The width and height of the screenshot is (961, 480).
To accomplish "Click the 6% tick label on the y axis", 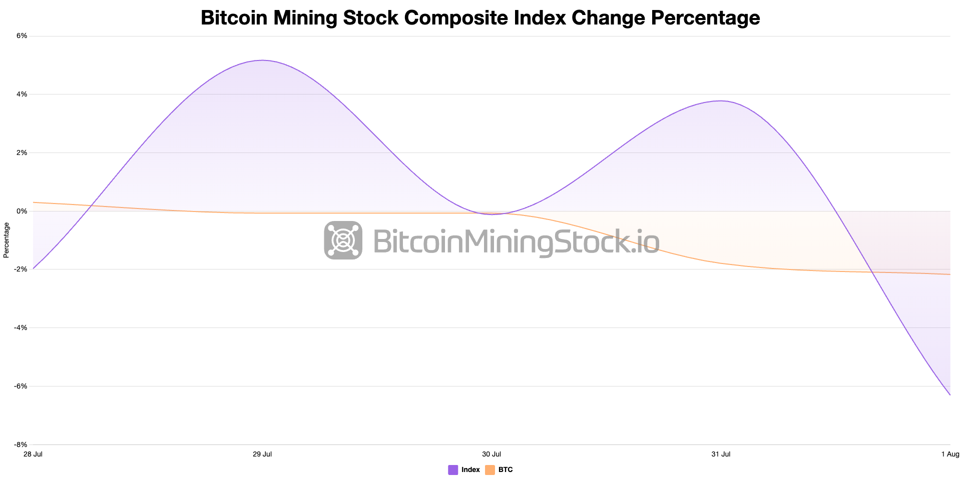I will pos(23,36).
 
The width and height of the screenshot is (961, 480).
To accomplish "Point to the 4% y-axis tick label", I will pos(23,94).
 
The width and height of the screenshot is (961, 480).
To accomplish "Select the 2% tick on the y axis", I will pos(23,152).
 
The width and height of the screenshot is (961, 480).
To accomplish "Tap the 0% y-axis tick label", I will pos(23,211).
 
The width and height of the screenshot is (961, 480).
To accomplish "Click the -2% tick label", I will pos(22,269).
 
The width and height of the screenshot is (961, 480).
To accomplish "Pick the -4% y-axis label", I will pos(22,327).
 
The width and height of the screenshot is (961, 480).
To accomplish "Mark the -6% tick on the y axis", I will pos(22,386).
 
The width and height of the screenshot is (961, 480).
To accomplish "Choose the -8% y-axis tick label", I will pos(22,444).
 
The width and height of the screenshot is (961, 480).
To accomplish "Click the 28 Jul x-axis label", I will pos(33,454).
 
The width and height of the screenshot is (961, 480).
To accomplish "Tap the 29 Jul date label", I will pos(262,454).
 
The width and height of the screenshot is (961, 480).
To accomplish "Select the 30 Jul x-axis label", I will pos(492,454).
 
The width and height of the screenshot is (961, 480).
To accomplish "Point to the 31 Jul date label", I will pos(721,454).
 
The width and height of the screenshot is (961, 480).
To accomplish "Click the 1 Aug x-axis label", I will pos(950,454).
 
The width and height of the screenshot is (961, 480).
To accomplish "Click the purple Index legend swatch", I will pos(453,470).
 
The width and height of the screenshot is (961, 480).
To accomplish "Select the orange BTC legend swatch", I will pos(490,470).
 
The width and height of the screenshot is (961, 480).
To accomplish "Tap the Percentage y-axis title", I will pos(7,240).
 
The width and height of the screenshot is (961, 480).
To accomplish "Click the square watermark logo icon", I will pos(343,240).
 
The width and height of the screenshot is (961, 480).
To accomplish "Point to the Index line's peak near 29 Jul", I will pos(263,60).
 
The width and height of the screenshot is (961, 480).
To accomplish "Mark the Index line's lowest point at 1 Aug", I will pos(949,394).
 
